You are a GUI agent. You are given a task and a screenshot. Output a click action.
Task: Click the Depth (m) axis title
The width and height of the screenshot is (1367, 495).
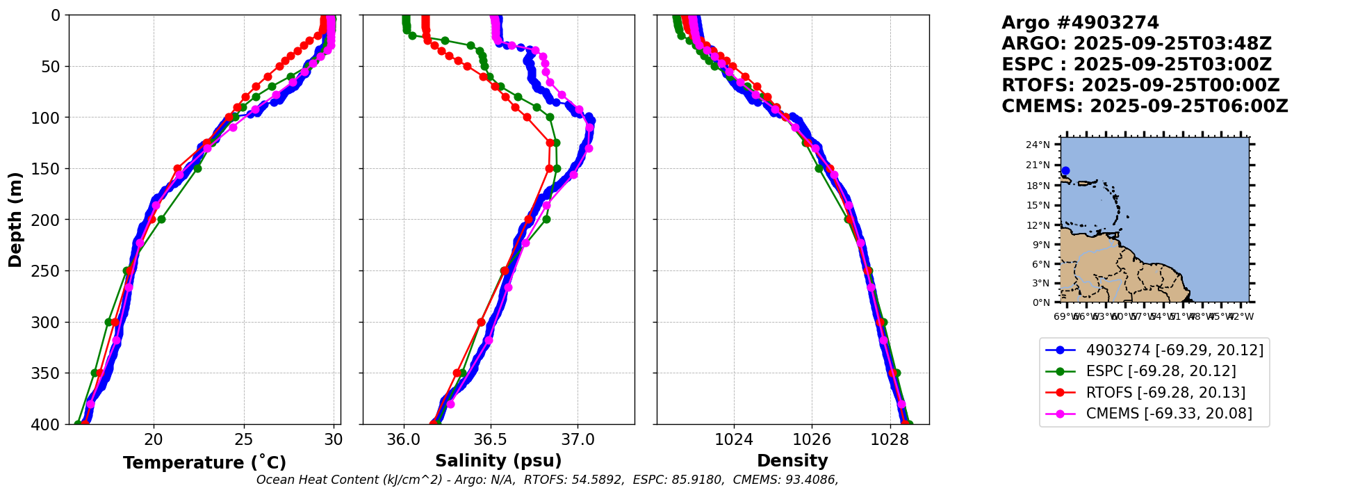15,220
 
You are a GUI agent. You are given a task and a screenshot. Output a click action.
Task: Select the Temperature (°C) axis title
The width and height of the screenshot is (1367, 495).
204,463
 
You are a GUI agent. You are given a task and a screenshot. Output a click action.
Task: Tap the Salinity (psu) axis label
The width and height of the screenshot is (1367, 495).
498,461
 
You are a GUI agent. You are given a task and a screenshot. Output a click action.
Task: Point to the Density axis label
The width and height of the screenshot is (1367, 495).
792,461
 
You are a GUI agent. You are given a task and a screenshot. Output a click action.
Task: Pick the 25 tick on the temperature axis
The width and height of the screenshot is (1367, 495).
243,439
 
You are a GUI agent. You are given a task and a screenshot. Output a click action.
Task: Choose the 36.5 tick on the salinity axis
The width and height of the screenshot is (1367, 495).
491,439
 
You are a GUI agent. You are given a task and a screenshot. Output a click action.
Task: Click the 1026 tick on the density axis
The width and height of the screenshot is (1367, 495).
812,439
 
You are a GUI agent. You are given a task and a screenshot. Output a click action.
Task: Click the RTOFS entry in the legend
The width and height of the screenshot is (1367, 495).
1165,393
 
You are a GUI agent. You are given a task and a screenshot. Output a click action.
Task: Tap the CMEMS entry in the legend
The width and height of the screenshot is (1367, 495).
1169,414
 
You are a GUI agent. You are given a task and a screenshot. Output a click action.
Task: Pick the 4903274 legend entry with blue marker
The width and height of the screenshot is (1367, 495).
1174,350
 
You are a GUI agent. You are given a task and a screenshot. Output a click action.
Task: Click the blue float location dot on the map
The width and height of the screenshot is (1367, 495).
1065,170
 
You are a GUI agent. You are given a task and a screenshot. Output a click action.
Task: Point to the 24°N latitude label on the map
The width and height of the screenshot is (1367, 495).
1038,145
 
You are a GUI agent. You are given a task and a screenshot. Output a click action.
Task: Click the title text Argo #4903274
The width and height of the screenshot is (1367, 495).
1080,23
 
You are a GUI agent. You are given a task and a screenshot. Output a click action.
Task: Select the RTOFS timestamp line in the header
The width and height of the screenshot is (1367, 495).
1140,86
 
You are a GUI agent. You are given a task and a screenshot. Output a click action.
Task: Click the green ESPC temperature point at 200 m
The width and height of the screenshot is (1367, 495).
161,219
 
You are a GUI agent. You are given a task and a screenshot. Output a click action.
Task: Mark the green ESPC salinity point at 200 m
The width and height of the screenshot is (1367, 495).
546,219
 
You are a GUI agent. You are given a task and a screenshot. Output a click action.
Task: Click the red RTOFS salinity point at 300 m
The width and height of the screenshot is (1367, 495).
481,322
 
